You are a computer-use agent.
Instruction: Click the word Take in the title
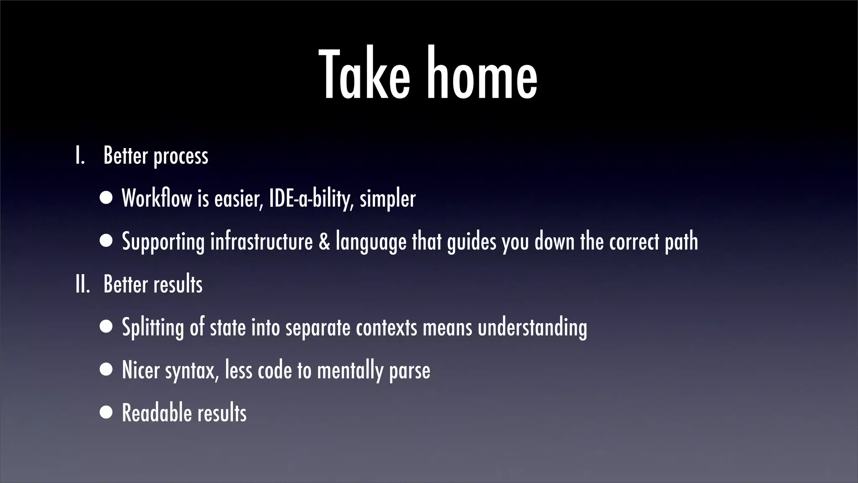tap(364, 75)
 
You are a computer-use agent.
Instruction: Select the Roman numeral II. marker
tap(82, 284)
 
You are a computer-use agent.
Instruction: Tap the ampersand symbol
tap(324, 242)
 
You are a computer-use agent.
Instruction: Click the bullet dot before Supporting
tap(106, 241)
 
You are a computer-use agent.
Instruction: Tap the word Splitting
tap(153, 328)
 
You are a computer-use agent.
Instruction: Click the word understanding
tap(532, 328)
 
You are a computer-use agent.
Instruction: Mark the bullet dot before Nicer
tap(106, 370)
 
